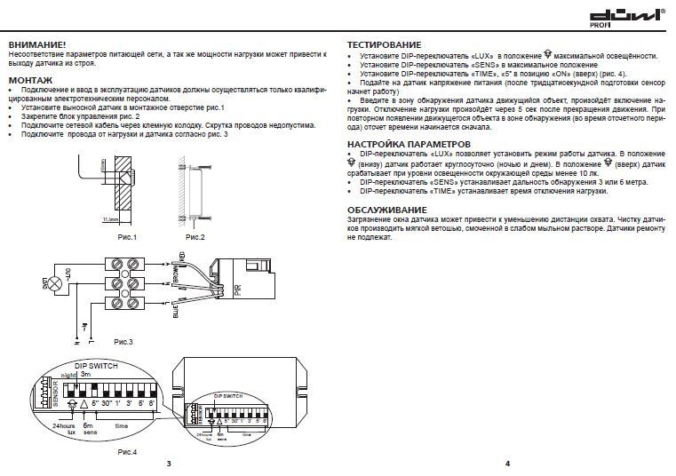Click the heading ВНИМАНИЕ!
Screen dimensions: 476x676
point(37,44)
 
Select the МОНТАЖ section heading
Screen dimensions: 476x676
point(30,79)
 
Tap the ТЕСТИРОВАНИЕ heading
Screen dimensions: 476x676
point(385,44)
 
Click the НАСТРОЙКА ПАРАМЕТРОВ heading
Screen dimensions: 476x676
point(408,143)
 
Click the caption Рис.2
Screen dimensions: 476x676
point(195,237)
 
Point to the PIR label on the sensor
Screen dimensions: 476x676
point(238,290)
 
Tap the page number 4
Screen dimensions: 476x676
point(507,464)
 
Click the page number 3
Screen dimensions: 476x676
point(168,464)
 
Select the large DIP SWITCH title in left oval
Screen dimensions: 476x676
point(96,366)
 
